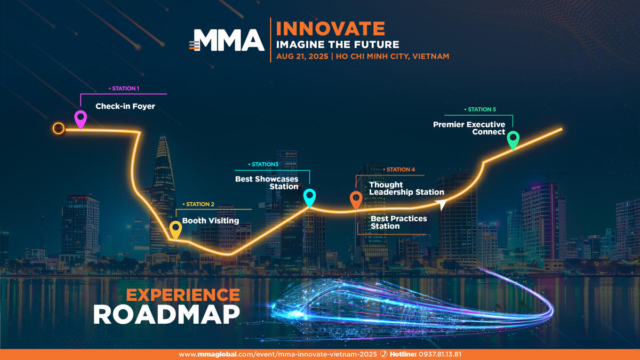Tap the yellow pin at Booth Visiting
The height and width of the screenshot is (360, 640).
point(175,229)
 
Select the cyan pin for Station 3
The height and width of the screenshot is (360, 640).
point(309,197)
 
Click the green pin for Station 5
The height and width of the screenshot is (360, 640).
point(513,140)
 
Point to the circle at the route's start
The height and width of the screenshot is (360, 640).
point(59,129)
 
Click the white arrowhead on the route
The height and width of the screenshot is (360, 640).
point(441,204)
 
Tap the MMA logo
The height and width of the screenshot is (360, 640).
point(227,40)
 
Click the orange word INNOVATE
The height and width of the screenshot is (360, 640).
point(331,28)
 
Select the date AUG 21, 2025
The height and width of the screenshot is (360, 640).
point(302,57)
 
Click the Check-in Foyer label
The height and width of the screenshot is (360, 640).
point(125,106)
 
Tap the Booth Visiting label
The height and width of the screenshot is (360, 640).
point(211,221)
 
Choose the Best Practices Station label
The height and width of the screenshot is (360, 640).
point(398,222)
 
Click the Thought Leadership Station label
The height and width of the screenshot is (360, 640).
point(406,188)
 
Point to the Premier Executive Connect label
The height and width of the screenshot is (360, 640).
point(469,129)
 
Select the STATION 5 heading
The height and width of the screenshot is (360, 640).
point(480,109)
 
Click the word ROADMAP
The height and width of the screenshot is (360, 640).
point(166,315)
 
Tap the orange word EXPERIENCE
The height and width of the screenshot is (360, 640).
point(183,295)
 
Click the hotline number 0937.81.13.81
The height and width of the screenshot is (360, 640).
point(440,354)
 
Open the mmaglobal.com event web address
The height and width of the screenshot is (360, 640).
point(278,354)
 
